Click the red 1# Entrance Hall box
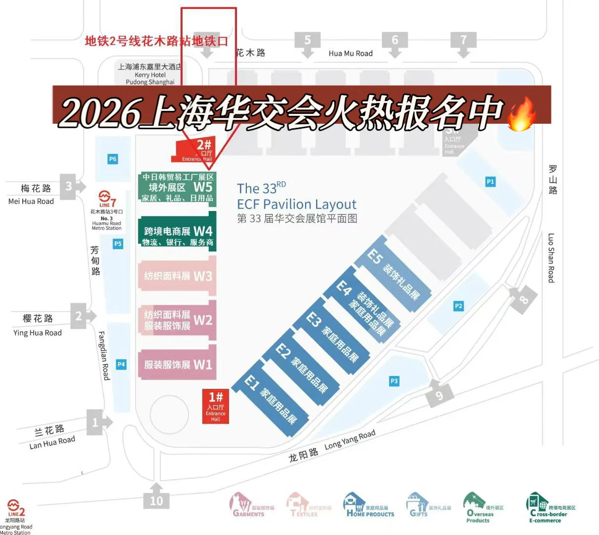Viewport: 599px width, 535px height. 216,406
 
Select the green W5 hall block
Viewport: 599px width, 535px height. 177,187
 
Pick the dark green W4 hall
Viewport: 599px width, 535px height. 177,233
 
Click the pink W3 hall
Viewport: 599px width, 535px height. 177,275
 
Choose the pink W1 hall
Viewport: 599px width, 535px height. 177,365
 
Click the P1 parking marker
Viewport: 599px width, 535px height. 490,182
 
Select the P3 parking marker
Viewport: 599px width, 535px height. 394,381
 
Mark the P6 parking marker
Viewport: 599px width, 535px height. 113,159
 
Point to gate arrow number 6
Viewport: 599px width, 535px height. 395,42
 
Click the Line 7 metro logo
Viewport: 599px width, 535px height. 107,198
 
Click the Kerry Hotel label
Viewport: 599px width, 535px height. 150,74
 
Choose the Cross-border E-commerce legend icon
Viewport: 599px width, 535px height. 536,504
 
